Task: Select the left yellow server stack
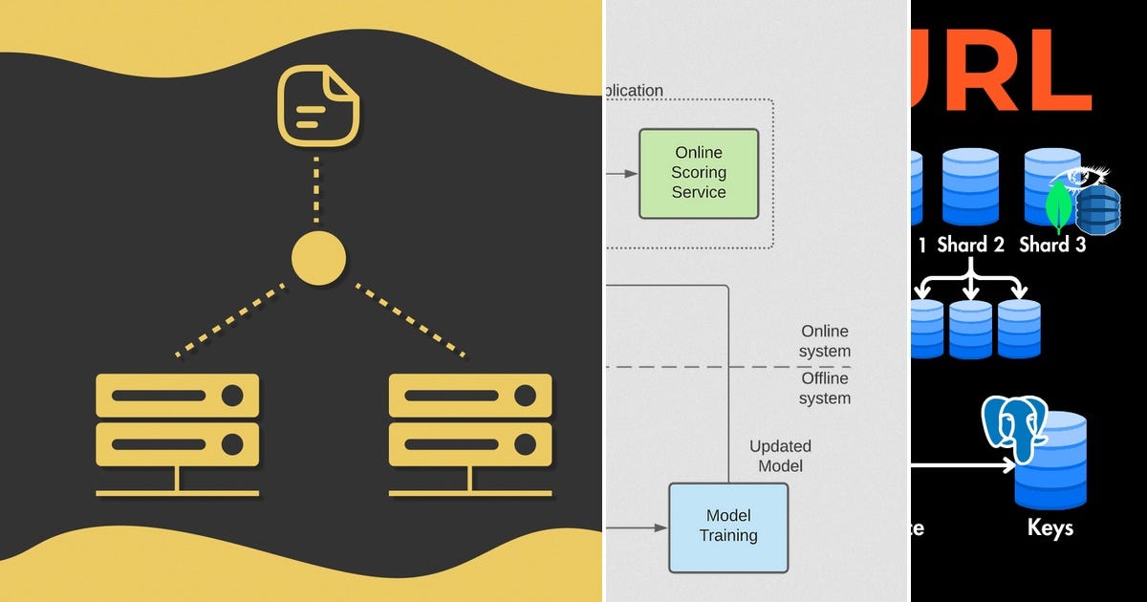[178, 435]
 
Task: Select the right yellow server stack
[470, 435]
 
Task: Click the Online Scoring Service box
[699, 173]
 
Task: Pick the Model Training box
[728, 527]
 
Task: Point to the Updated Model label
[780, 456]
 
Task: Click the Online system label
[825, 341]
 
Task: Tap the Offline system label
[825, 389]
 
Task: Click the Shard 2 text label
[970, 245]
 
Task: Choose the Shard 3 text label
[1051, 245]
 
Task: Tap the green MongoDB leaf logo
[1059, 208]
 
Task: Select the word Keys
[1050, 527]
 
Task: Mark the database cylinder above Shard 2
[970, 186]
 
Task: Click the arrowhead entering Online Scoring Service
[632, 174]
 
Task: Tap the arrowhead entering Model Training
[661, 527]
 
